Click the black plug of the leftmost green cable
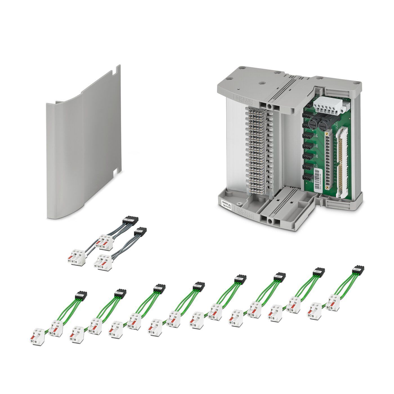pyautogui.click(x=81, y=295)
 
